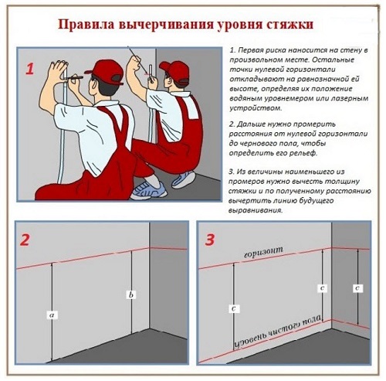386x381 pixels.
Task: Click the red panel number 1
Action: [29, 69]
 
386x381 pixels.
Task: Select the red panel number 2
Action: [25, 240]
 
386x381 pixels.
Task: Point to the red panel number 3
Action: [209, 240]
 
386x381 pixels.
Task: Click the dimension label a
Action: [52, 315]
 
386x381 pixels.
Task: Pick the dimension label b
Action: [131, 294]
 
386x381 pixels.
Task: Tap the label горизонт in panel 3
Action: [263, 252]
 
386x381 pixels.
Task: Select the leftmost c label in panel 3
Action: [234, 308]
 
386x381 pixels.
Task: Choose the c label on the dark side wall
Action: [357, 288]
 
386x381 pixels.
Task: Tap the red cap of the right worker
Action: [174, 72]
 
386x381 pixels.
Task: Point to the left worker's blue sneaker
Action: [148, 189]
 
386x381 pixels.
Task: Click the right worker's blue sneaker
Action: [184, 179]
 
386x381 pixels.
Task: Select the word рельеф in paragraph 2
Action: [303, 153]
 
